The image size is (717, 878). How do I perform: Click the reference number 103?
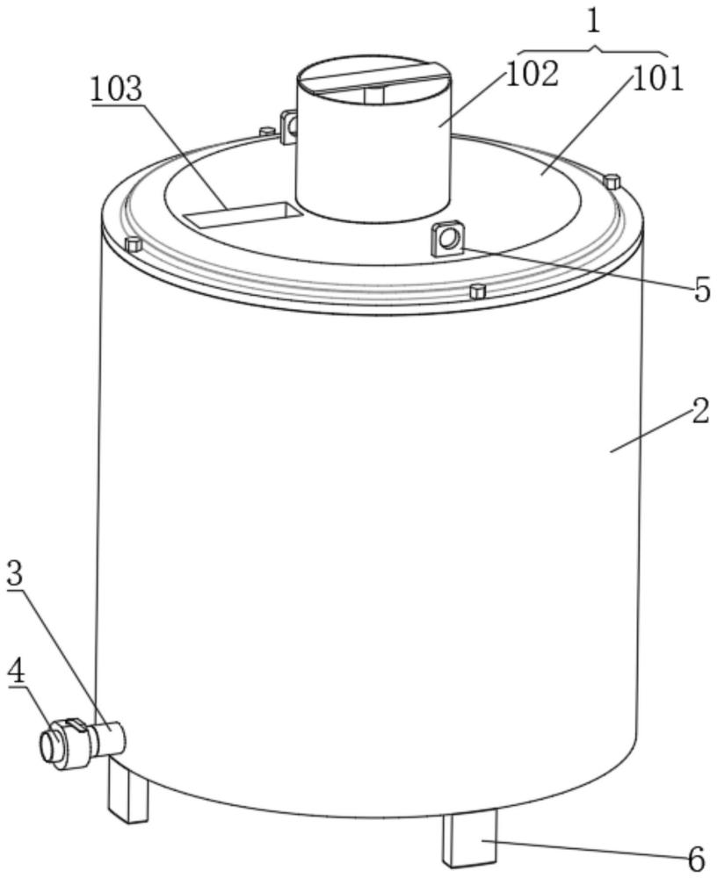pos(117,90)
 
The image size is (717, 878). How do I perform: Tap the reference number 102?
pos(532,74)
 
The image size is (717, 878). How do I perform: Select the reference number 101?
pos(658,78)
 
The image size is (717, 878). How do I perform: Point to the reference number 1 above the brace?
pos(593,23)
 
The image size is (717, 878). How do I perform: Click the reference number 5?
pos(701,290)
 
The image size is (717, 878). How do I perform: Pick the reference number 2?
pos(700,411)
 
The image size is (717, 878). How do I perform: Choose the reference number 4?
pos(17,673)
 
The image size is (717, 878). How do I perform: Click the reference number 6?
pos(696,857)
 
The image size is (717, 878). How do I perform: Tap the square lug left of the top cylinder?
pos(288,126)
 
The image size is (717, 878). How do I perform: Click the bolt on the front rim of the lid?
pos(477,291)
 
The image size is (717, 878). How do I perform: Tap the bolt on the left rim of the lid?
pos(133,244)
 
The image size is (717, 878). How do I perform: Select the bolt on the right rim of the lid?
pos(612,182)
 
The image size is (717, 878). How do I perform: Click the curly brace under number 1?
pos(592,50)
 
